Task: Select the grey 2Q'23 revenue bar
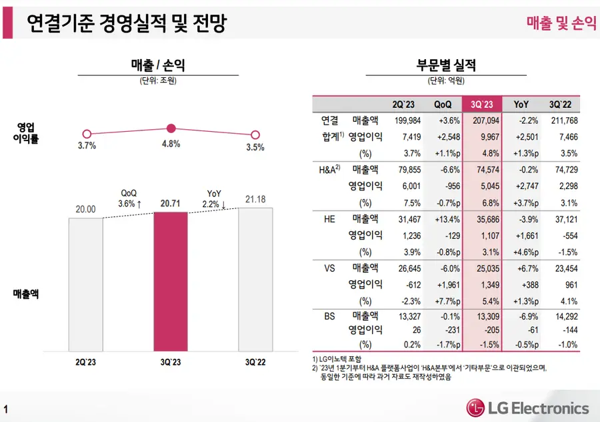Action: click(86, 284)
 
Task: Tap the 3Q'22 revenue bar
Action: click(255, 280)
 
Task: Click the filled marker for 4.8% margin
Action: click(171, 128)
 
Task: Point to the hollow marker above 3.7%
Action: click(86, 134)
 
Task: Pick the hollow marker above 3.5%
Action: click(255, 134)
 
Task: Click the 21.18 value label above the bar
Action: click(255, 199)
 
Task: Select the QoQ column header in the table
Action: click(443, 105)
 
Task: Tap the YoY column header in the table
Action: click(521, 105)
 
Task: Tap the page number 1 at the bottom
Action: click(6, 409)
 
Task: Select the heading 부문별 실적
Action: click(446, 65)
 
